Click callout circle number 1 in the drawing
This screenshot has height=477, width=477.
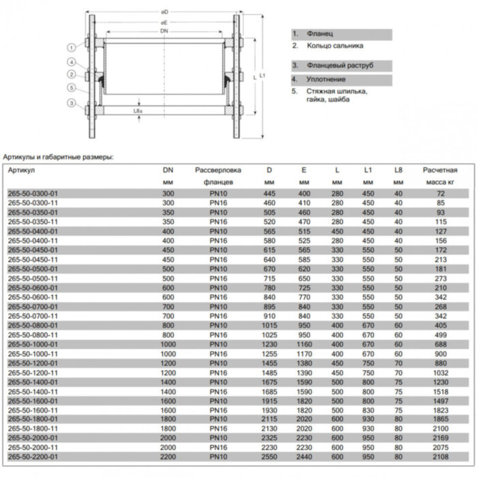71,47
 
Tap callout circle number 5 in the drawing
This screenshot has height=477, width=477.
71,87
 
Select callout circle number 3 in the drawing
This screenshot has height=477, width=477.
71,103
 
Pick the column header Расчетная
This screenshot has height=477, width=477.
440,170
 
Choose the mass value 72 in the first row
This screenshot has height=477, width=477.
440,194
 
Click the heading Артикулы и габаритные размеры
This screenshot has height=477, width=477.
58,156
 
